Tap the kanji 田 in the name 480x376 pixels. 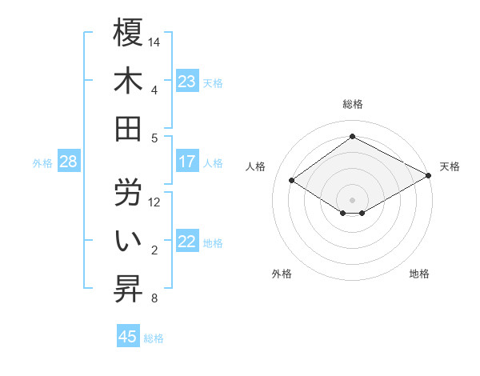tap(128, 129)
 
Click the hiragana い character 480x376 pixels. tap(128, 241)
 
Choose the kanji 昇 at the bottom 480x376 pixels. tap(128, 289)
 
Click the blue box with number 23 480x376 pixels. tap(187, 81)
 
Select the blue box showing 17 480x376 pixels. tap(187, 162)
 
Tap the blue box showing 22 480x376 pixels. tap(187, 242)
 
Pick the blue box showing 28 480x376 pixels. tap(68, 162)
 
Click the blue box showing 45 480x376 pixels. tap(128, 336)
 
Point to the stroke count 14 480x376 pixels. tap(155, 41)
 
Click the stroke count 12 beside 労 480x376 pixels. tap(155, 202)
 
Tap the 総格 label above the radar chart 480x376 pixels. tap(352, 104)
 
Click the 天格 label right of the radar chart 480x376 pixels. tap(450, 166)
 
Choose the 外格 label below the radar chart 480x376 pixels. tap(282, 274)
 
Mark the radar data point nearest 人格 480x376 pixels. tap(292, 180)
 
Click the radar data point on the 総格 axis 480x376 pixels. tap(352, 137)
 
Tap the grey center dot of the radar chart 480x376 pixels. tap(352, 198)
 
